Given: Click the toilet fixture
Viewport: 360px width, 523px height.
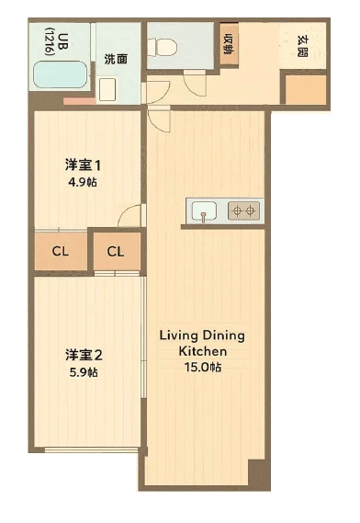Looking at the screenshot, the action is [x=163, y=48].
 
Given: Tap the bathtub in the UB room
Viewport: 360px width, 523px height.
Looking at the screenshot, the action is [x=61, y=74].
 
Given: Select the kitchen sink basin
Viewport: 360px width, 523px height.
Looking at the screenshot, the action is [x=204, y=210].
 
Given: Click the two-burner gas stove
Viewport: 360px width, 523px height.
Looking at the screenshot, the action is [x=243, y=210].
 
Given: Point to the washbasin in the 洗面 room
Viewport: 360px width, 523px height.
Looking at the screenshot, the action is [x=107, y=89].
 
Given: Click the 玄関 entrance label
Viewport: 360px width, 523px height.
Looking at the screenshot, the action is [x=302, y=46].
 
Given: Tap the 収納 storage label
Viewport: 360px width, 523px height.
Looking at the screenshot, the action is [x=229, y=44].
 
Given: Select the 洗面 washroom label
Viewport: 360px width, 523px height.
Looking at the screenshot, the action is [x=116, y=59].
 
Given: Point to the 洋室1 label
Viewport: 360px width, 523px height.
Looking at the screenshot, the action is [x=83, y=165].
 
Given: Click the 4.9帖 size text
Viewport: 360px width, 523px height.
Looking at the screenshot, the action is [x=83, y=182].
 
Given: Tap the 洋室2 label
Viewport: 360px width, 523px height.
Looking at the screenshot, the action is [x=84, y=355].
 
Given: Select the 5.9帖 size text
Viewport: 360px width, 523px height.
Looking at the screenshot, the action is [x=84, y=372].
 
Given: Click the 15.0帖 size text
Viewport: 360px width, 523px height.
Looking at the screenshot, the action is [x=203, y=367].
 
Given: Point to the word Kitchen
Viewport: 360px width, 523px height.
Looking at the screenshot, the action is [x=203, y=351].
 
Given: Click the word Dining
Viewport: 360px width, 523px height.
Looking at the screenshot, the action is [x=224, y=335].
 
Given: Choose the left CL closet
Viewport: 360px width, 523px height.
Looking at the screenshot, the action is [x=61, y=251].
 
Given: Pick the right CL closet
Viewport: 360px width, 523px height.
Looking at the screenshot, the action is [x=117, y=251].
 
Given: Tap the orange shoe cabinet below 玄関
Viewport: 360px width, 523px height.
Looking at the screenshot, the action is [x=306, y=89].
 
